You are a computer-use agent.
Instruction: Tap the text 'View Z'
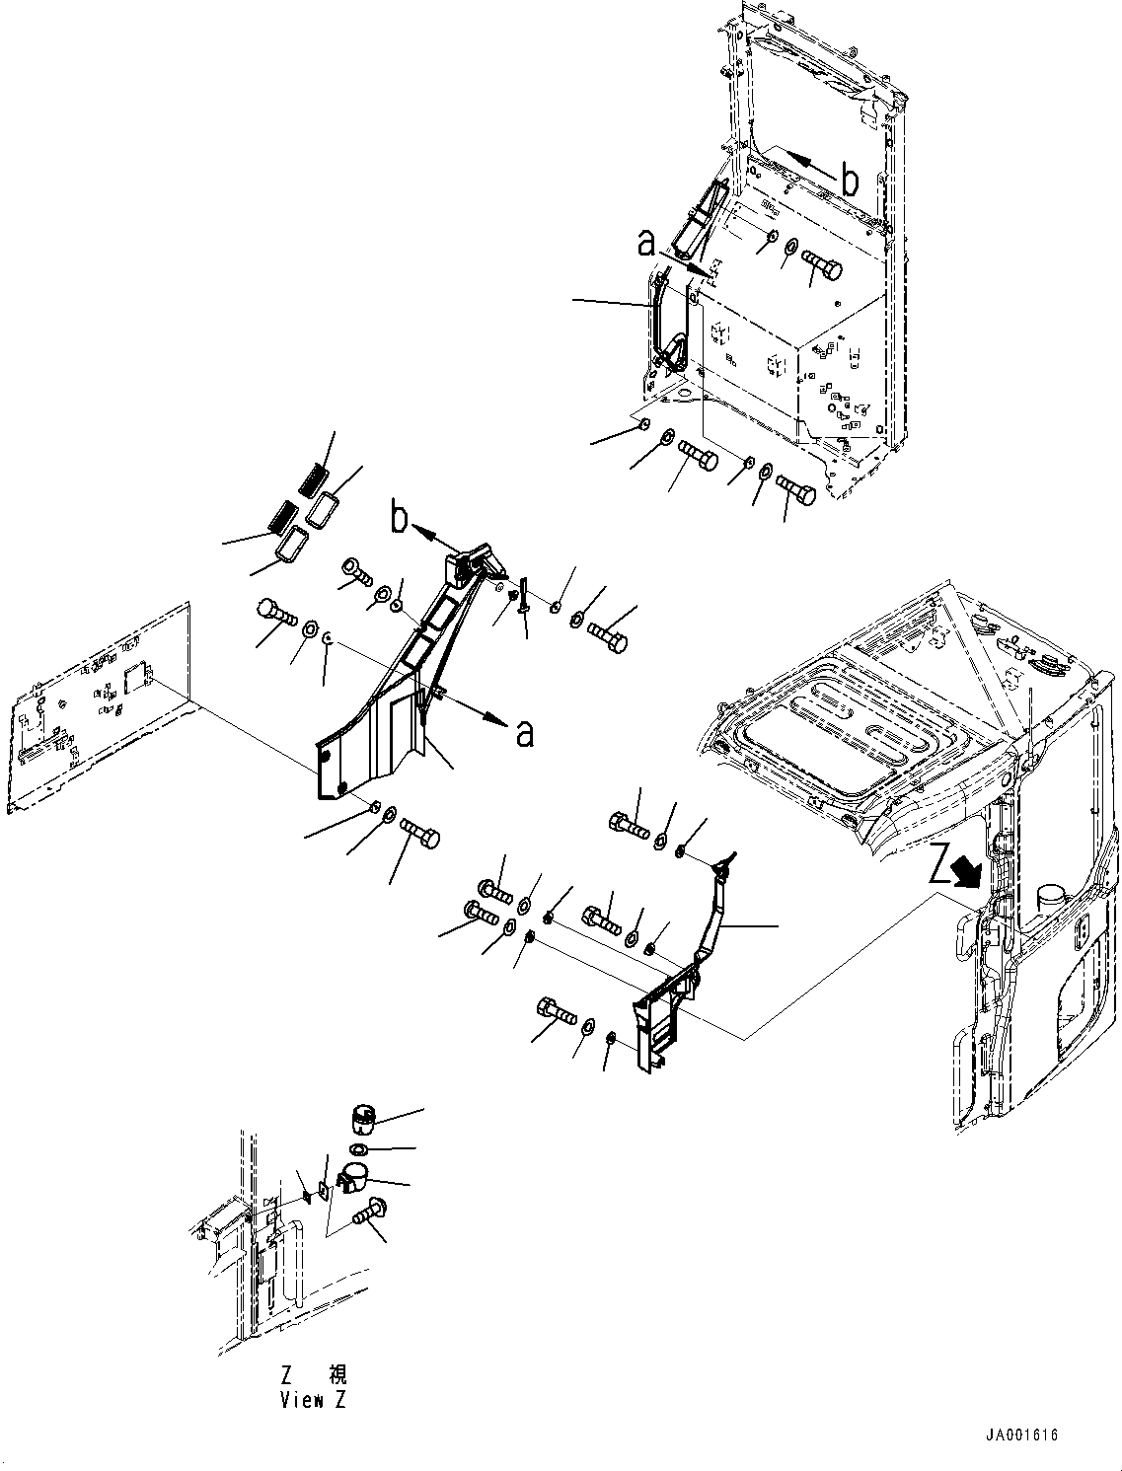click(x=313, y=1400)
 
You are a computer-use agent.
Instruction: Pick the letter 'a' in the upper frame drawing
click(x=646, y=244)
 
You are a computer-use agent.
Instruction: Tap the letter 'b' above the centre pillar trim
click(x=399, y=519)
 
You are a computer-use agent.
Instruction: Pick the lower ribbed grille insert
click(x=281, y=514)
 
